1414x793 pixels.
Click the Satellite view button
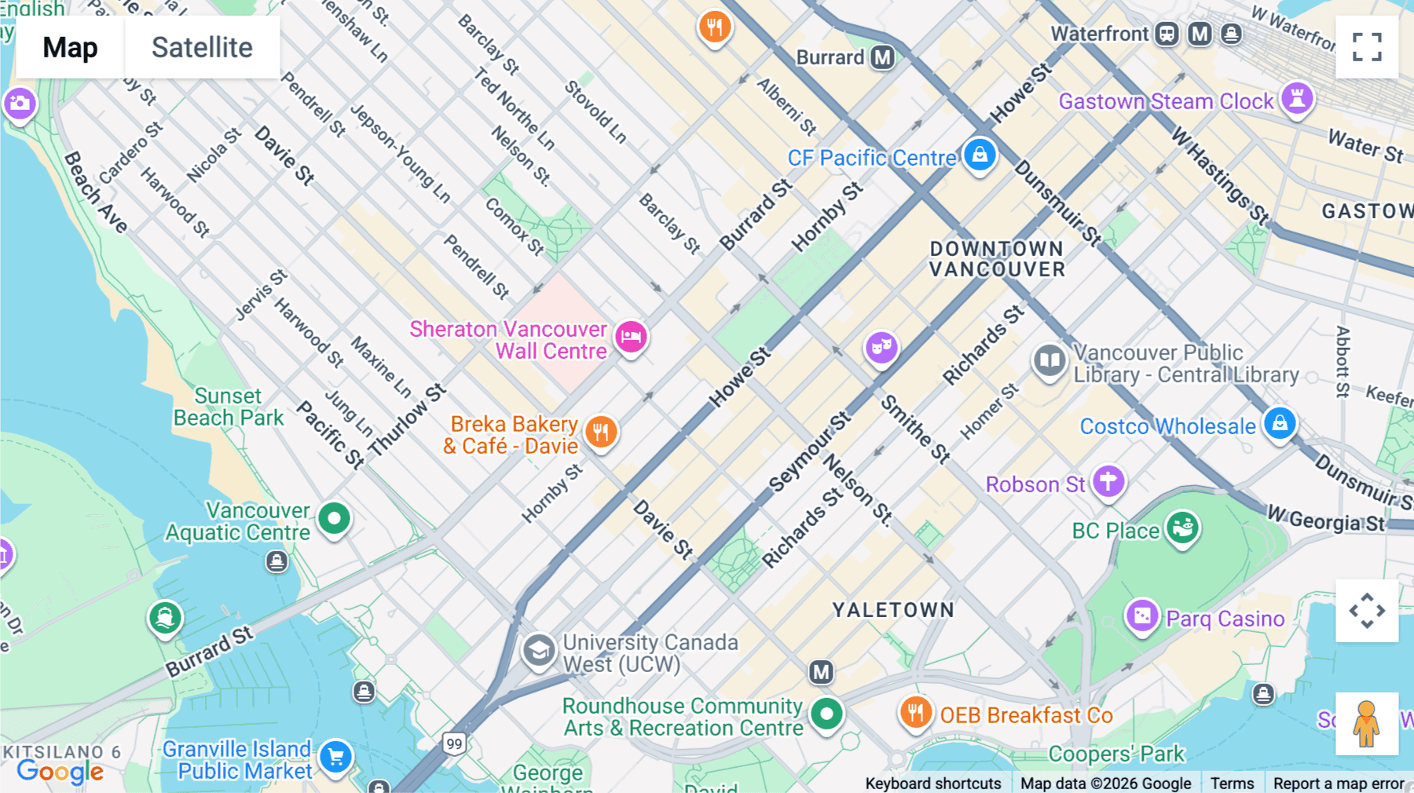(202, 48)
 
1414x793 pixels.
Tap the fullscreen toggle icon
(1367, 47)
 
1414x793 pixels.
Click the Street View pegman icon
(1367, 723)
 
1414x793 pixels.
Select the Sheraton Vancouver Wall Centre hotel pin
(631, 338)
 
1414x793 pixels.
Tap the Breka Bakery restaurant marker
(601, 432)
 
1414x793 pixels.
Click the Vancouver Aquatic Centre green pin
(335, 519)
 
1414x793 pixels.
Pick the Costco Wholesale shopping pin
(1280, 424)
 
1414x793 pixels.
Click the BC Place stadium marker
(1182, 528)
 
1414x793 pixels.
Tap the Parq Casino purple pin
(1142, 616)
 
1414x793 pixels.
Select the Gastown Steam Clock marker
(1297, 99)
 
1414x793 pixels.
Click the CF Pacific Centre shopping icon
(980, 155)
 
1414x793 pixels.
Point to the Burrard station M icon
(883, 57)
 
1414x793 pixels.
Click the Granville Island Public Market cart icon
(336, 757)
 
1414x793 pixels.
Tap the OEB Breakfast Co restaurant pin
(915, 713)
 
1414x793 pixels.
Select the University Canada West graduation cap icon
(539, 651)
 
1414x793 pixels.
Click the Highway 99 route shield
(454, 744)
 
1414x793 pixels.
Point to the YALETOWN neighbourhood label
(893, 610)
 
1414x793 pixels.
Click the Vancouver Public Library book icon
(1049, 361)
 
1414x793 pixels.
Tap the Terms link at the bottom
(1232, 784)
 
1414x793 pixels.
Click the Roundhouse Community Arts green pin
(826, 714)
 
